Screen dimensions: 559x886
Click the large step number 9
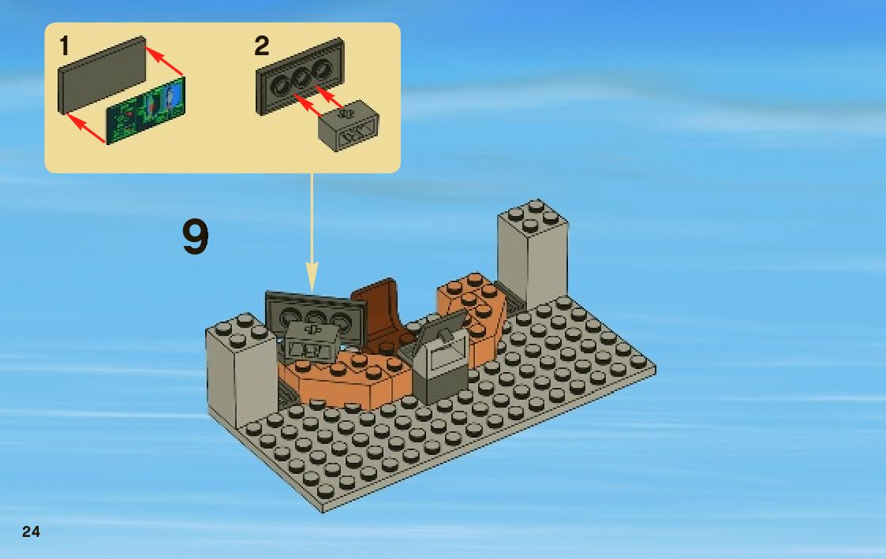tap(196, 238)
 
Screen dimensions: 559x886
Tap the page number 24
tap(31, 531)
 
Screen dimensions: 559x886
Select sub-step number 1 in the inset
tap(64, 47)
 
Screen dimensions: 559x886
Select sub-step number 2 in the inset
tap(261, 47)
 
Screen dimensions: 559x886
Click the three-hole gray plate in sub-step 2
tap(300, 76)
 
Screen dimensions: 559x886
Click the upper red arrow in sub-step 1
tap(166, 62)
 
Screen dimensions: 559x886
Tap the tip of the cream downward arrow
tap(312, 287)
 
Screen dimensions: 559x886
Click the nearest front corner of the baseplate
tap(323, 509)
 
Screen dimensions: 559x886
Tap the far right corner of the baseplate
tap(655, 367)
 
